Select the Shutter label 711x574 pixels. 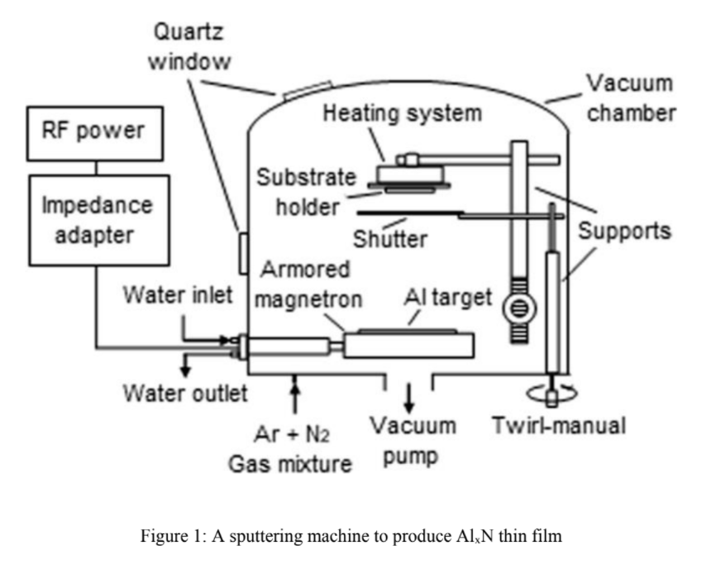[x=390, y=239]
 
